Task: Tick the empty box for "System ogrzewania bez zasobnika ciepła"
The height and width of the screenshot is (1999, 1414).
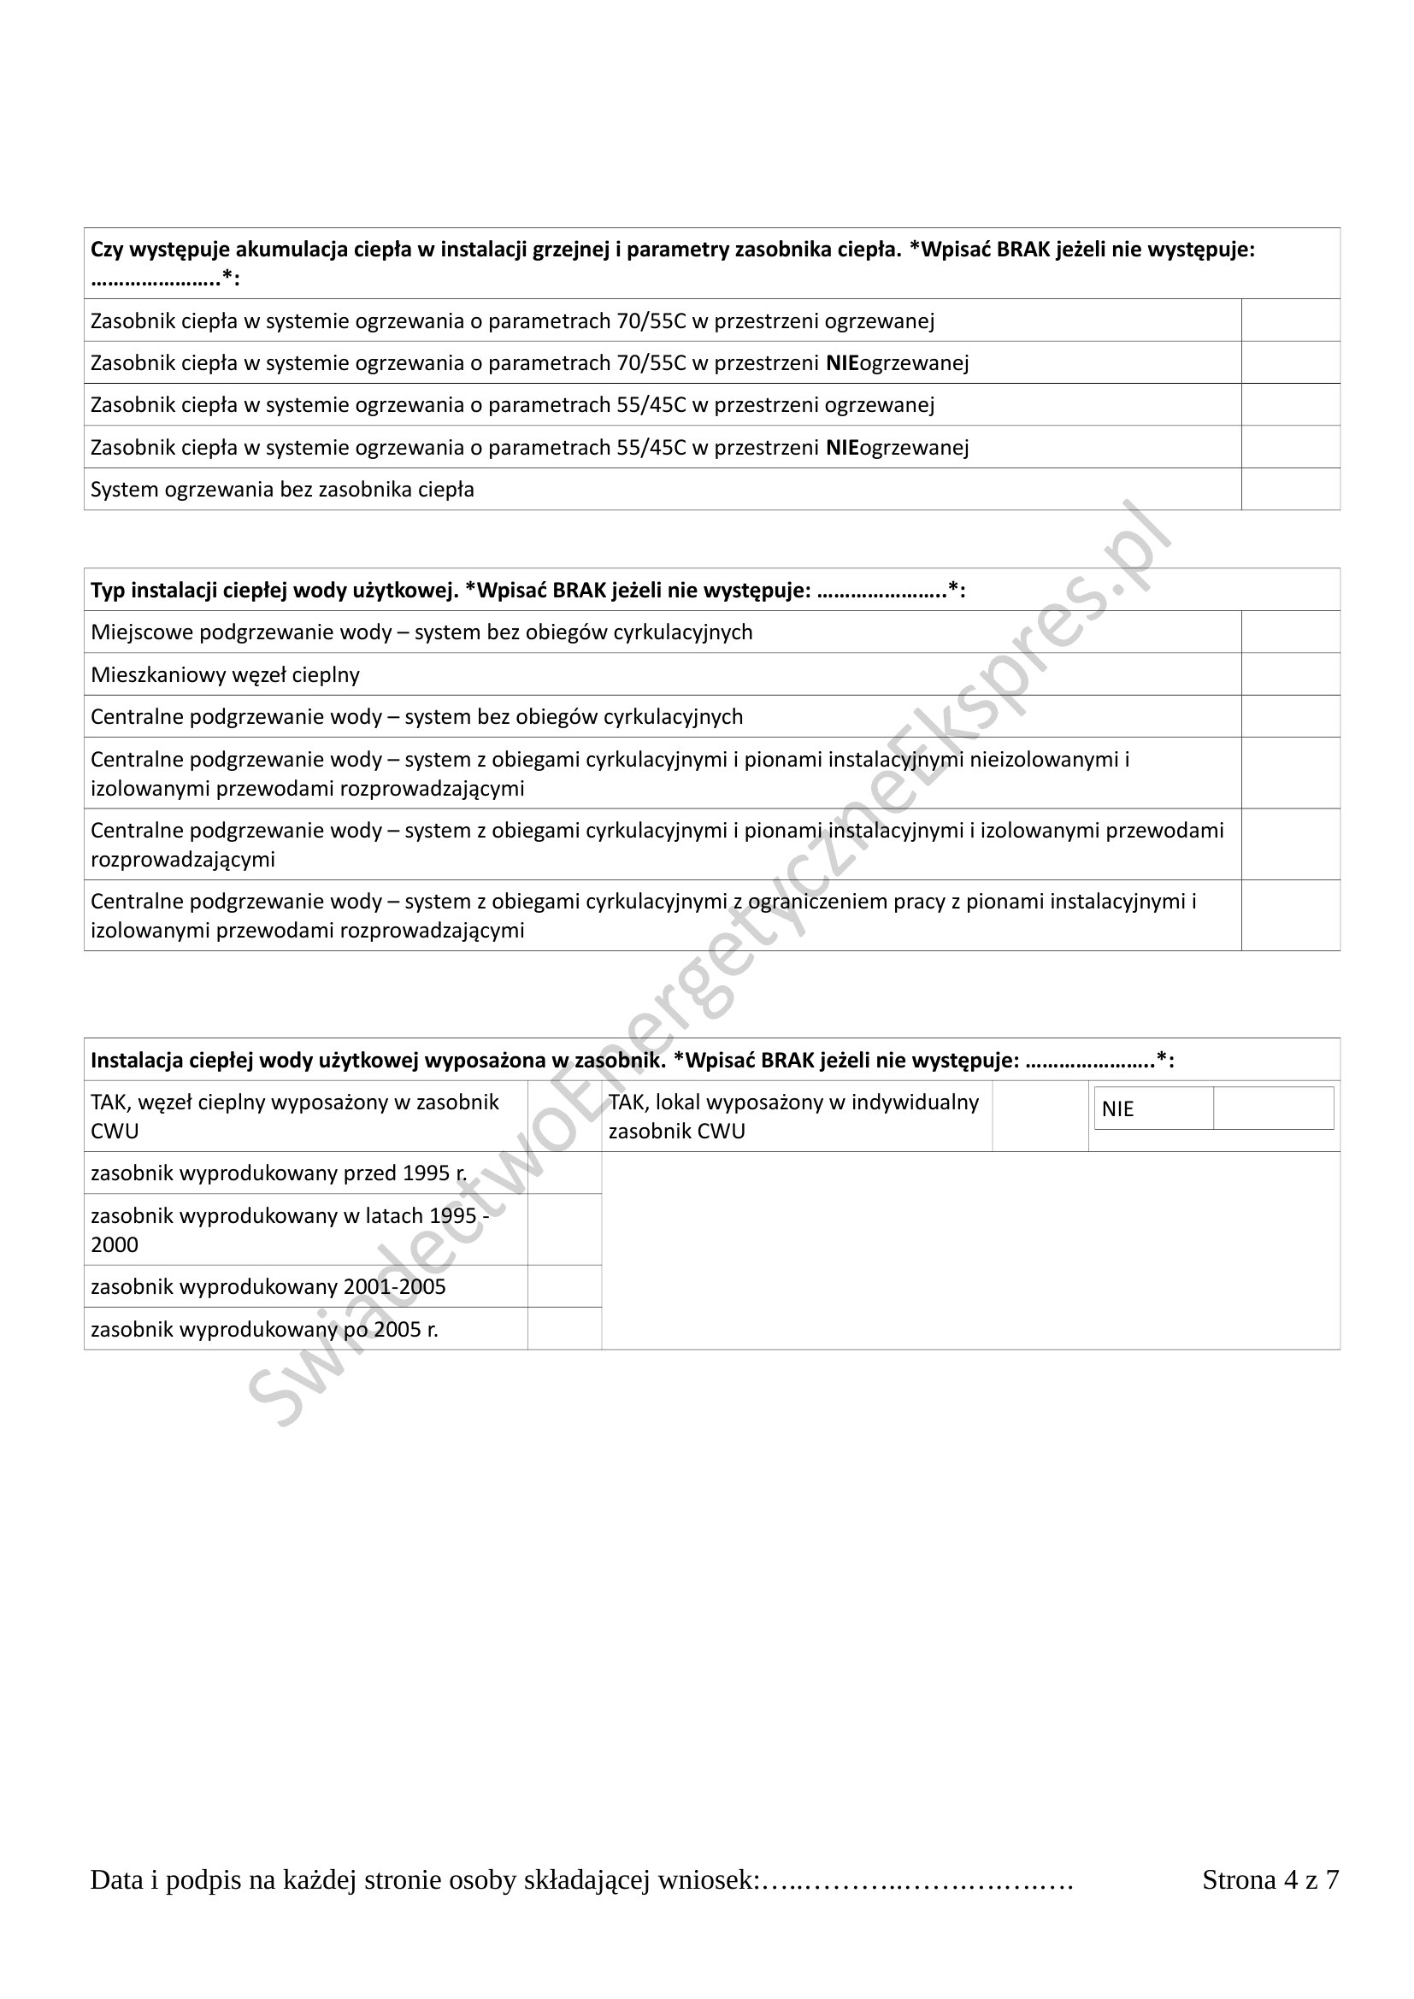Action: point(1290,490)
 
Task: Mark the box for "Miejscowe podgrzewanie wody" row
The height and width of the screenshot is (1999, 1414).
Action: point(1290,632)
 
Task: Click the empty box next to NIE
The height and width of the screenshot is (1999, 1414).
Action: point(1273,1108)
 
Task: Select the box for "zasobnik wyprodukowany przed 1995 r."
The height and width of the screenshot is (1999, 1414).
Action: point(564,1173)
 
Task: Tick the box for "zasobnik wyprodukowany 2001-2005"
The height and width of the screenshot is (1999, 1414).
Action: point(564,1286)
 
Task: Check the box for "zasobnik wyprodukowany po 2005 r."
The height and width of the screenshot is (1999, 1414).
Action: point(564,1329)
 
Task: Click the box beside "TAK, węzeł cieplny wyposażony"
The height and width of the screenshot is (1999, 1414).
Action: point(564,1116)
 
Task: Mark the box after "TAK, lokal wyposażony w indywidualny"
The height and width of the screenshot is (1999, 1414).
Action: point(1040,1116)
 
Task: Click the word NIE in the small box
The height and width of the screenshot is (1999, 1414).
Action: point(1118,1109)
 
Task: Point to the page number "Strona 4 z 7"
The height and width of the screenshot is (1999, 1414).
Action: point(1270,1879)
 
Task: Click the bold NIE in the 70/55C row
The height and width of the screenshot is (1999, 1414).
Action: point(842,363)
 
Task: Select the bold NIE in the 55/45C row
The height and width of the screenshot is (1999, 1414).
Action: point(842,448)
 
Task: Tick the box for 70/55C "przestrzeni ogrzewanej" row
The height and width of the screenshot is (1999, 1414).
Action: point(1290,320)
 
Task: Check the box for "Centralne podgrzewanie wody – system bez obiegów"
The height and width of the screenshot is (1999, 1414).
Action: point(1290,716)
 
